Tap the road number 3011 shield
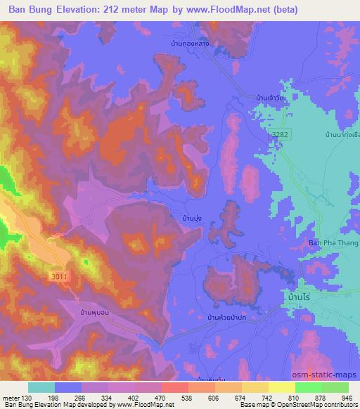[58, 278]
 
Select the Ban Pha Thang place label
[334, 243]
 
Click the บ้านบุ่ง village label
[193, 219]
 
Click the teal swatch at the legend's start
[41, 387]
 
